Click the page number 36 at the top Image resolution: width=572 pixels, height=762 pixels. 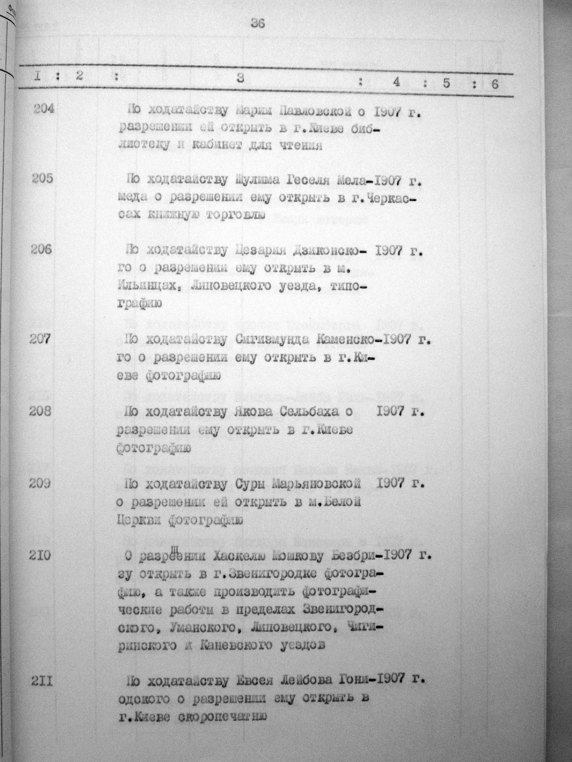click(x=258, y=23)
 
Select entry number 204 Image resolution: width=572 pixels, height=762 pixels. click(x=44, y=109)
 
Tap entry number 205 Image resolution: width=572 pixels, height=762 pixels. click(x=44, y=179)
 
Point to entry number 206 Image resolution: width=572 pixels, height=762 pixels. click(x=43, y=250)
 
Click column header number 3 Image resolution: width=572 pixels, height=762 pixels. click(x=240, y=79)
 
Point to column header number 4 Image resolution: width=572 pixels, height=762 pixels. click(x=397, y=82)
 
